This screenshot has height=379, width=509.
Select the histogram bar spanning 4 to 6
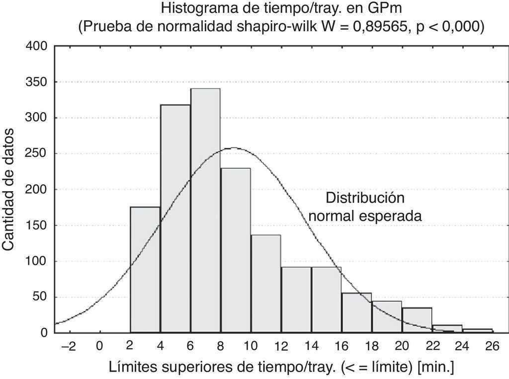point(175,219)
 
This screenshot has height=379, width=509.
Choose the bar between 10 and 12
point(265,284)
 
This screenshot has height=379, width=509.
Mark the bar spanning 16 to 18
point(356,313)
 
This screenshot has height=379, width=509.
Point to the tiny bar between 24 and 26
point(478,331)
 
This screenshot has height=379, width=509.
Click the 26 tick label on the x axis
point(493,346)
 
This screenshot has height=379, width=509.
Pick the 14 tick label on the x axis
point(311,346)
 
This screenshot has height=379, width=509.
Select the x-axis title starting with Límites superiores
point(281,368)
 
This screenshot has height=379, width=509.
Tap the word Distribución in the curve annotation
point(365,198)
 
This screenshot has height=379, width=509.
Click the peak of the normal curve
point(233,148)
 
